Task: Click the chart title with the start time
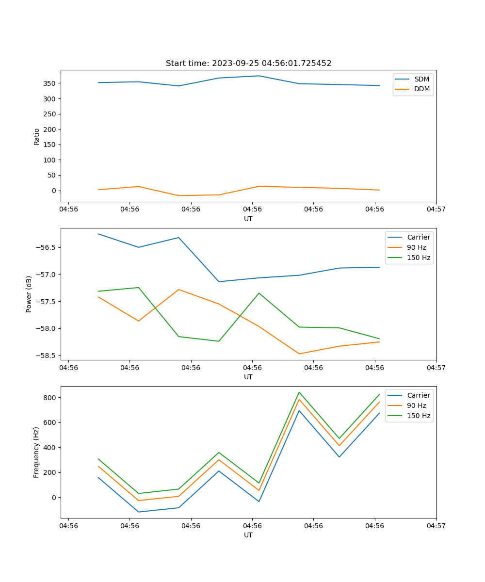click(248, 64)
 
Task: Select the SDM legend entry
click(421, 79)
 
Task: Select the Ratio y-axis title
click(37, 136)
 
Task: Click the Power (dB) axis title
click(29, 294)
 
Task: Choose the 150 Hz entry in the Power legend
click(419, 258)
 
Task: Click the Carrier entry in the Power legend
click(419, 237)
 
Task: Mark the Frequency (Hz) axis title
click(36, 453)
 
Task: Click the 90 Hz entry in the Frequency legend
click(417, 405)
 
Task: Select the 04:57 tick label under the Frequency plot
click(436, 526)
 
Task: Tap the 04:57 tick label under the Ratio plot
click(436, 210)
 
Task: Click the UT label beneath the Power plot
click(248, 377)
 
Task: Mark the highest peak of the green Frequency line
click(299, 392)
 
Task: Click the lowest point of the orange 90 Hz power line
click(299, 354)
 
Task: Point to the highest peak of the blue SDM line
click(259, 76)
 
